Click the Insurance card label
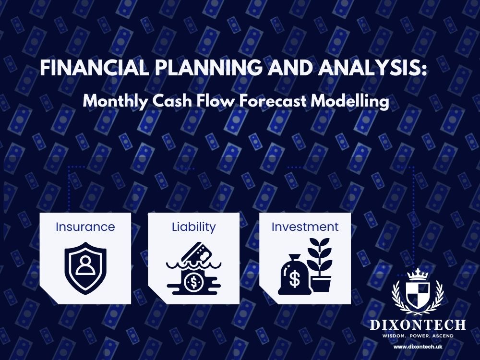[x=85, y=227]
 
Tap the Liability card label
[x=193, y=227]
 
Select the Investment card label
[x=305, y=227]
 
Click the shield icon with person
[x=85, y=267]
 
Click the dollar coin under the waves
[x=194, y=281]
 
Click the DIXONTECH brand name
[x=418, y=325]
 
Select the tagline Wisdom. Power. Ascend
[x=418, y=336]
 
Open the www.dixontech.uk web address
[x=418, y=346]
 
